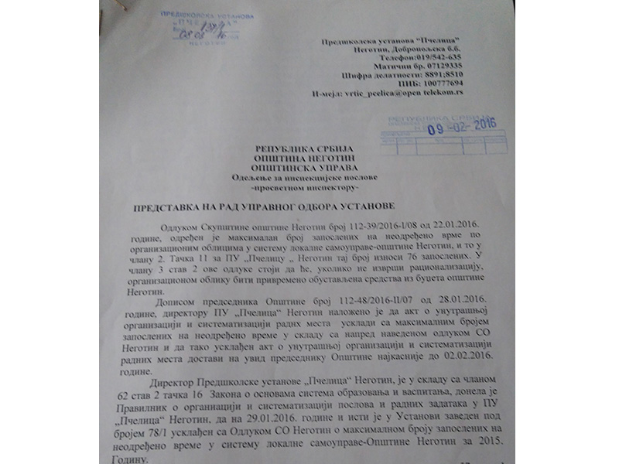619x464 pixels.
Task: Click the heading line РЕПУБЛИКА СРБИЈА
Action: (297, 148)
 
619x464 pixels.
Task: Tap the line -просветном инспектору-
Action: (297, 188)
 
